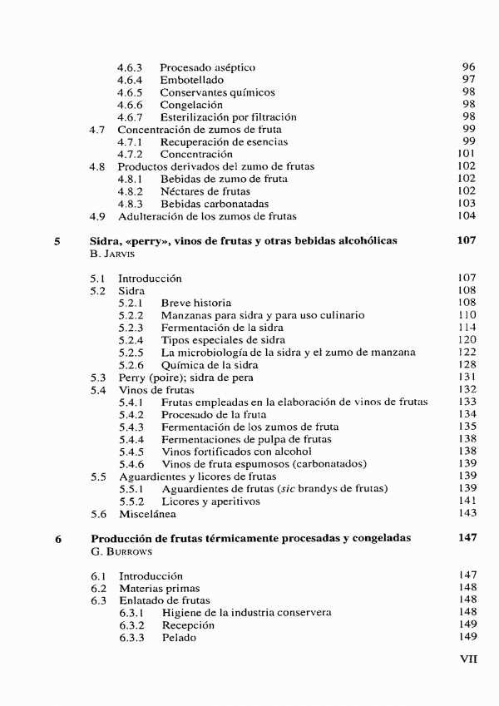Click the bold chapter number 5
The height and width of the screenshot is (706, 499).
pyautogui.click(x=57, y=241)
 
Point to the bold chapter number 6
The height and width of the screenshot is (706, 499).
pyautogui.click(x=57, y=539)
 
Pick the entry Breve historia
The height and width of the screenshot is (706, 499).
pyautogui.click(x=196, y=304)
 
